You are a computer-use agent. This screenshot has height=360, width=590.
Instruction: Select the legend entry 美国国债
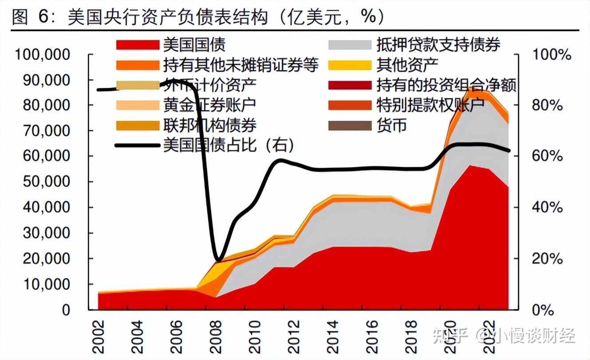194,44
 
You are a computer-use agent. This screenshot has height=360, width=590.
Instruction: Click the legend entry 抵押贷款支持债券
438,44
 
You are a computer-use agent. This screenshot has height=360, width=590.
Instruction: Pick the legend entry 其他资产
407,65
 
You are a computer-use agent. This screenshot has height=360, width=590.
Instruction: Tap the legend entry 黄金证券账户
209,105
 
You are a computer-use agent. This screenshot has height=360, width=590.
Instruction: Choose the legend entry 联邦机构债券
209,125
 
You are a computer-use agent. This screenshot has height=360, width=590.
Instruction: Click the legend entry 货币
391,125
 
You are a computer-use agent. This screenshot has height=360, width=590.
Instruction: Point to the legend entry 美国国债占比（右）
228,145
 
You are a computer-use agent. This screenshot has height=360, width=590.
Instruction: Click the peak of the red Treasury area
469,166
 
